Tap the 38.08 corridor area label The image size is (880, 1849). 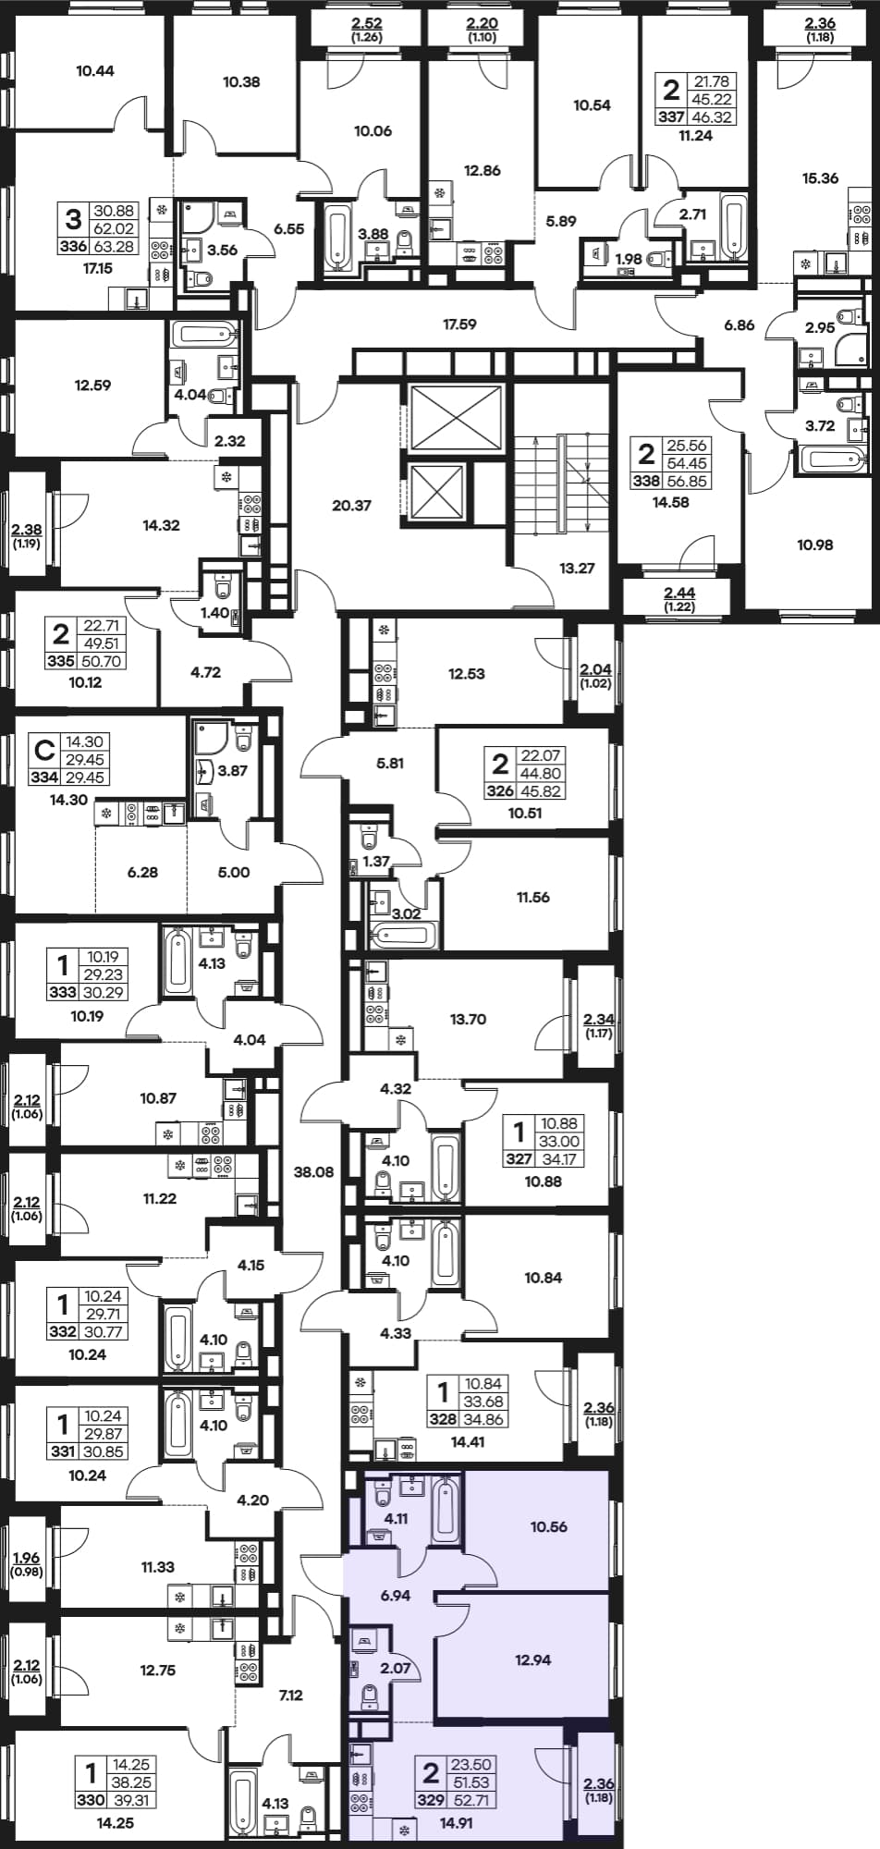(313, 1171)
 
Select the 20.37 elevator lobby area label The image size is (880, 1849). (351, 506)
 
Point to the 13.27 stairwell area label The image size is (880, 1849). (577, 569)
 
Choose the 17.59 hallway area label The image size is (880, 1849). (459, 324)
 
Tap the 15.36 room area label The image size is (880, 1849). (821, 178)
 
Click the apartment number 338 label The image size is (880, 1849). (646, 481)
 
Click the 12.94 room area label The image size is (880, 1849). (533, 1659)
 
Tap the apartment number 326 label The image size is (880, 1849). (500, 791)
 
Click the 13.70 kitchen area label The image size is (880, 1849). (468, 1019)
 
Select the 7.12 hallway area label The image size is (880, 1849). (291, 1695)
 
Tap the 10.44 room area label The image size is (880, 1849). (95, 70)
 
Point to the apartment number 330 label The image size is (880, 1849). (90, 1800)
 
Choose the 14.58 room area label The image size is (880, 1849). (671, 502)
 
